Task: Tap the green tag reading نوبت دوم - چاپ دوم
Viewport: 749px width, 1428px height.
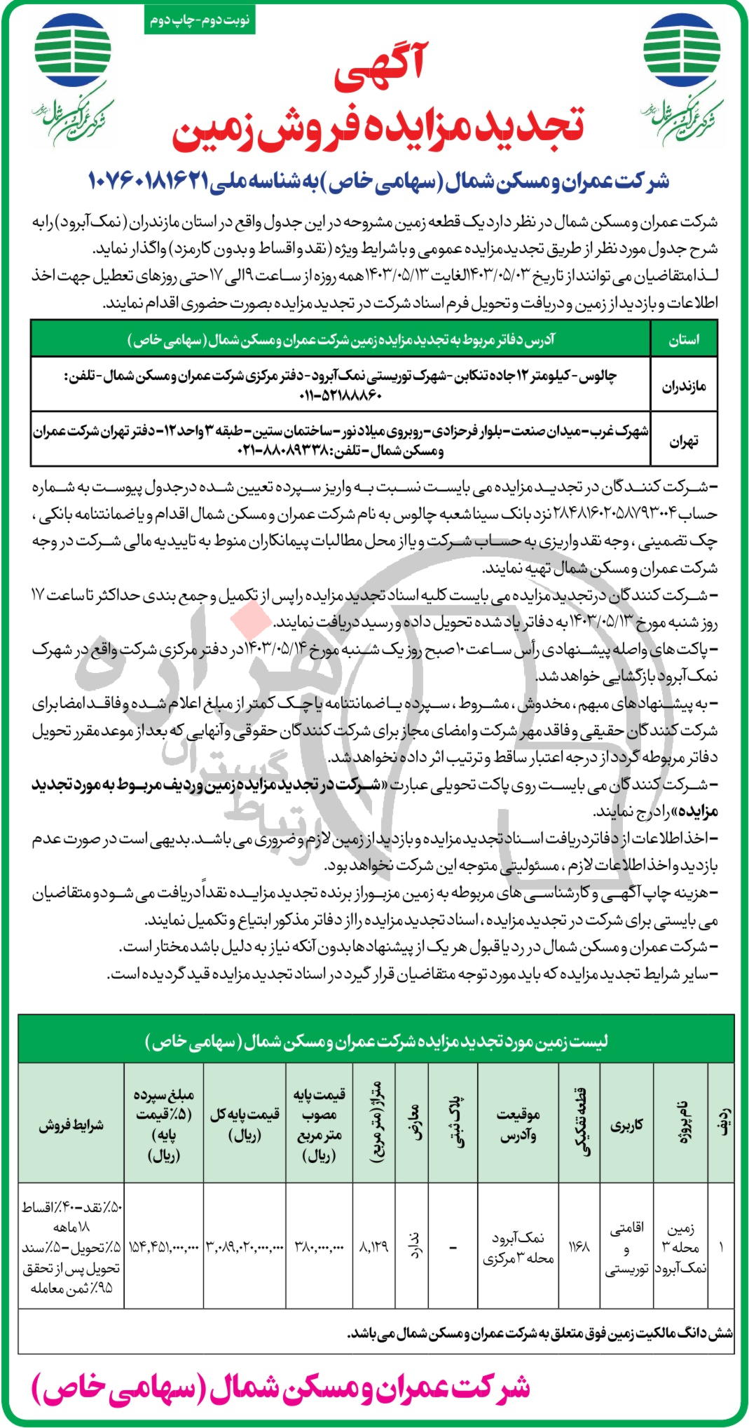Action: [199, 20]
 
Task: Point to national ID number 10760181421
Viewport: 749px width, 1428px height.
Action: [148, 182]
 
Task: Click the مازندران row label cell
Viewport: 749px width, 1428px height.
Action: [684, 386]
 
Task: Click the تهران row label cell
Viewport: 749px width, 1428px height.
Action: [684, 441]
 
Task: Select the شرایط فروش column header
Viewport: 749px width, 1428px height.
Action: [71, 1125]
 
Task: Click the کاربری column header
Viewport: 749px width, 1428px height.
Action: [626, 1125]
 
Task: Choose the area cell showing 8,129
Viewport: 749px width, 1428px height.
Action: [373, 1248]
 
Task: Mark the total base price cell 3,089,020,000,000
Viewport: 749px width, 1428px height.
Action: [245, 1248]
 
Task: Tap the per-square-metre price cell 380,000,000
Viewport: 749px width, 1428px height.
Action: [319, 1248]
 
